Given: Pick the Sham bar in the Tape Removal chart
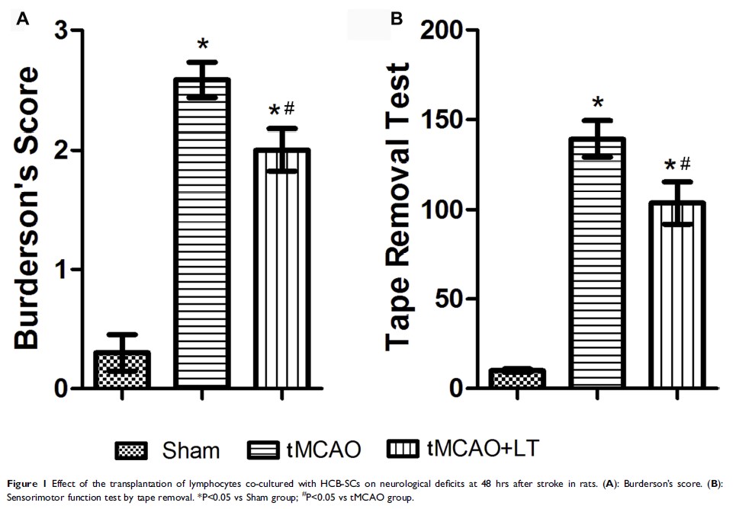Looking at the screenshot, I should (x=517, y=379).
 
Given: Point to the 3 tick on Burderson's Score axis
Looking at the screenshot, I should (x=66, y=31).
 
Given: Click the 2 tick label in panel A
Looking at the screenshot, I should (x=66, y=150).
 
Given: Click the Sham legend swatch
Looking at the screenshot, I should (x=135, y=450).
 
